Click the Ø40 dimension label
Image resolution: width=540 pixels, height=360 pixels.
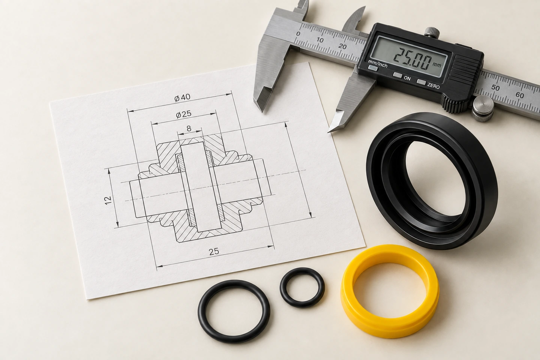[x=182, y=97]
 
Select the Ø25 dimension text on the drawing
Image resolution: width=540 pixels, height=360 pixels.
[x=184, y=114]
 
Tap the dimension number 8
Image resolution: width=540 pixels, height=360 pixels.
[x=189, y=129]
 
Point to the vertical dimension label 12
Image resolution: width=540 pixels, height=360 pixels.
[x=108, y=200]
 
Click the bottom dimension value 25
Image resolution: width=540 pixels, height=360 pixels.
[x=214, y=252]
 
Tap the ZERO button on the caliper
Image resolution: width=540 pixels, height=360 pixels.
[x=421, y=82]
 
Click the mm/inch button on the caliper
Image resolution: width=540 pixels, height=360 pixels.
[x=373, y=68]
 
